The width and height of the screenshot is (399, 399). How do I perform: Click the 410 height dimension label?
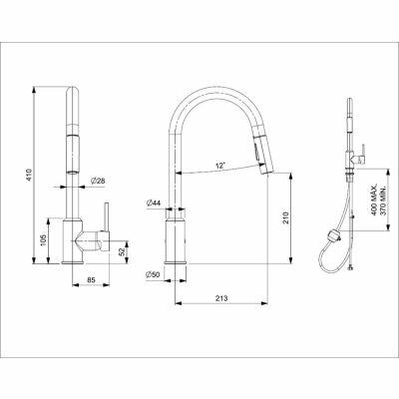tap(29, 176)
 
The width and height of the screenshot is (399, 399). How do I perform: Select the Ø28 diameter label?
tap(98, 181)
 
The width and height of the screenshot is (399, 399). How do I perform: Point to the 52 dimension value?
tap(123, 251)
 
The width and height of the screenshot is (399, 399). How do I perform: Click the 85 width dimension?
tap(91, 280)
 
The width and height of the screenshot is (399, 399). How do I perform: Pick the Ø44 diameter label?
tap(154, 202)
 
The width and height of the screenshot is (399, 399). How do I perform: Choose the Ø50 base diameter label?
tap(153, 274)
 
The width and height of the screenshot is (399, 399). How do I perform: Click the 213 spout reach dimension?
tap(221, 298)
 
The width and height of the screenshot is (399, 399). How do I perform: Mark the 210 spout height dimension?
tap(285, 217)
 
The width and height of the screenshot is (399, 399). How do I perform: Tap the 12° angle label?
tap(220, 166)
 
